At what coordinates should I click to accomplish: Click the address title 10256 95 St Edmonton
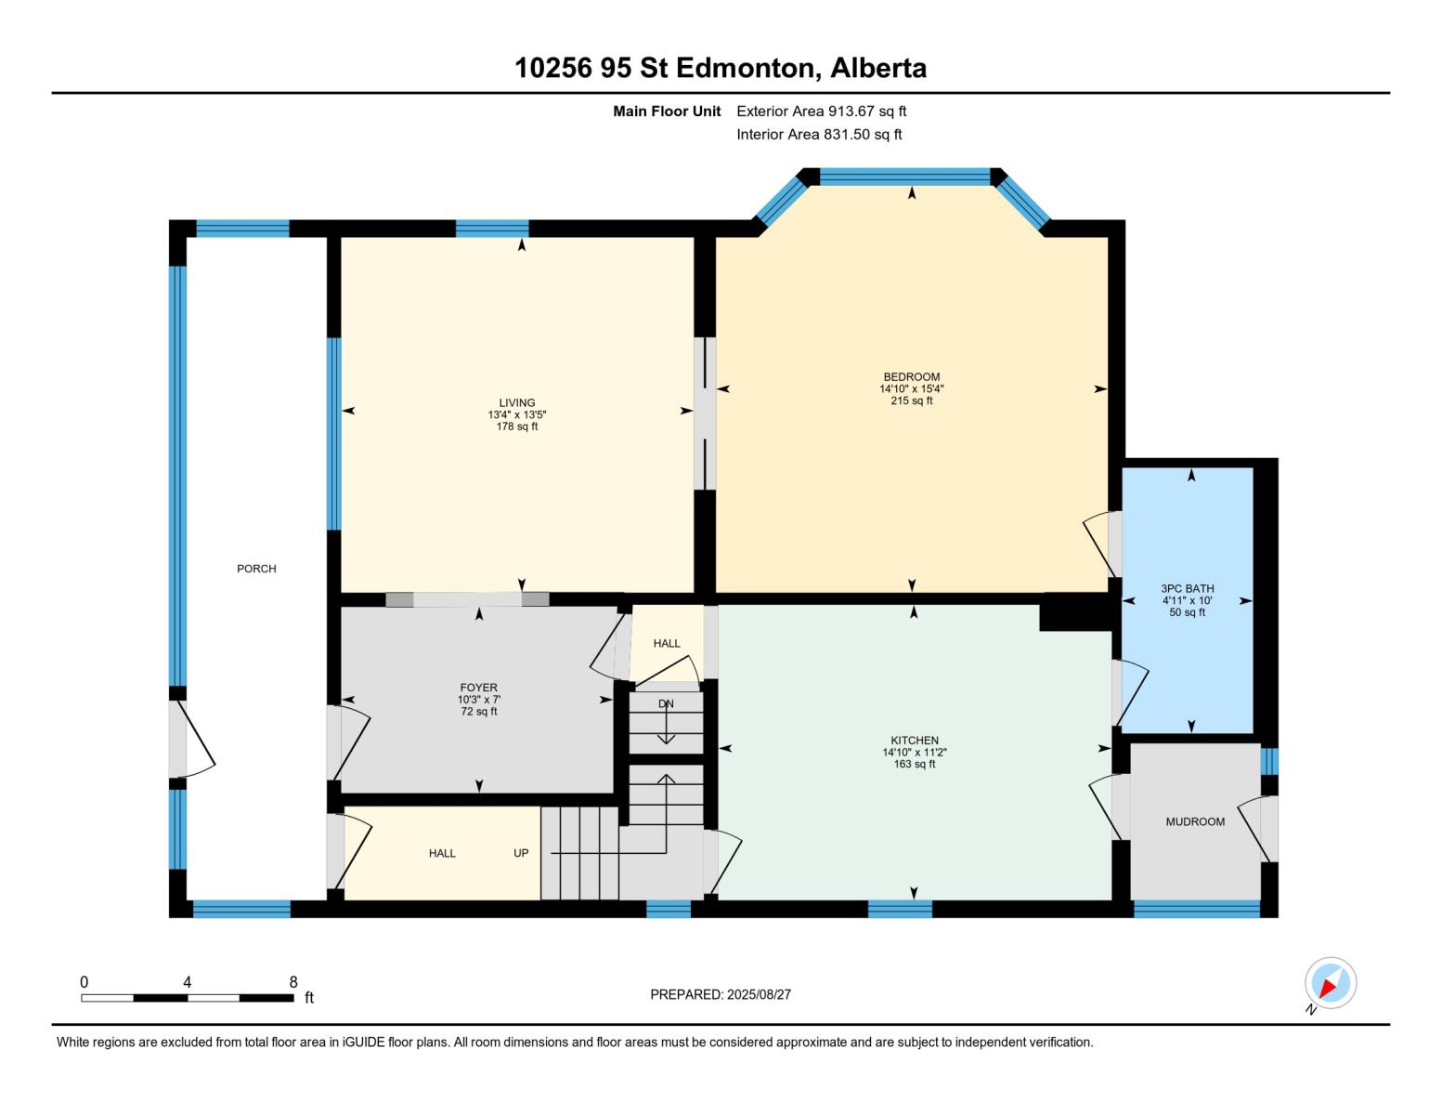click(x=721, y=68)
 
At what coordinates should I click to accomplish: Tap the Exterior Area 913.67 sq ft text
click(x=821, y=111)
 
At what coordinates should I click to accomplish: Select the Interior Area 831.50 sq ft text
click(x=819, y=135)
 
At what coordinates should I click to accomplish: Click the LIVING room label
click(x=517, y=403)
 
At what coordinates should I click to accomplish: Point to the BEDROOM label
click(x=911, y=377)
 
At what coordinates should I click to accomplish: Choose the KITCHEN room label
click(x=915, y=741)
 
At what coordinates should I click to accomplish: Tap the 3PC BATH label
click(x=1188, y=589)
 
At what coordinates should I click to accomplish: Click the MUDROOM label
click(x=1195, y=822)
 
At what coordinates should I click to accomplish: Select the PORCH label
click(x=256, y=569)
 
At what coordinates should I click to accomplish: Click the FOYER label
click(x=479, y=688)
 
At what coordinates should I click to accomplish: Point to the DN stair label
click(x=666, y=704)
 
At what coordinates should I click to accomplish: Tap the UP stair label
click(x=521, y=853)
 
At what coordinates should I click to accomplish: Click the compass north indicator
click(x=1330, y=984)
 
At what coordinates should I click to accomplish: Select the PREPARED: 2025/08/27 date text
click(x=721, y=995)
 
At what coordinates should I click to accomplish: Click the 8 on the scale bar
click(x=293, y=982)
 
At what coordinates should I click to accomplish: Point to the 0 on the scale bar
click(x=84, y=982)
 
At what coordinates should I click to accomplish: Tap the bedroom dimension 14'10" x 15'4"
click(x=911, y=389)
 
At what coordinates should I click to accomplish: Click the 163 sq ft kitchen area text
click(x=915, y=765)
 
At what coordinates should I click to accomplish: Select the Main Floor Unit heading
click(x=667, y=111)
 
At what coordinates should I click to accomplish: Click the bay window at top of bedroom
click(x=904, y=177)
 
